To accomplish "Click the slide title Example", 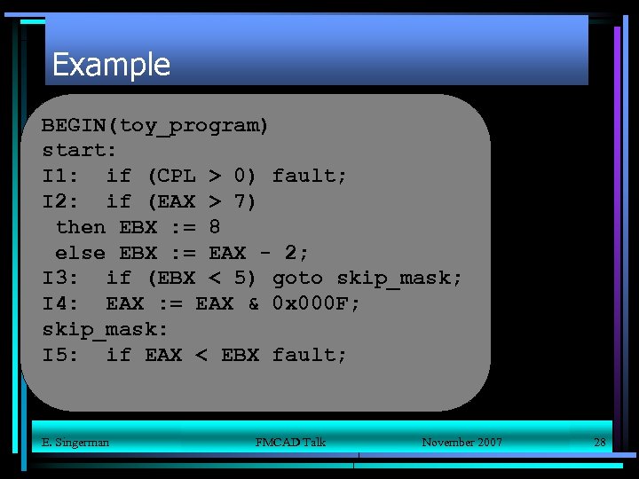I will pos(111,65).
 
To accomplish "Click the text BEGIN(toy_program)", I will pos(155,125).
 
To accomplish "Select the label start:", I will pos(80,150).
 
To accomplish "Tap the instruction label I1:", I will pos(60,176).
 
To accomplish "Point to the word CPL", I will pos(177,176).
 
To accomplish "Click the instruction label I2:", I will pos(60,201).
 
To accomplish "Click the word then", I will pos(81,227).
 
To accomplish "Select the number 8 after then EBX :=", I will pos(215,227).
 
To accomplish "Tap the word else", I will pos(81,253).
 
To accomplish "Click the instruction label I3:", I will pos(60,279).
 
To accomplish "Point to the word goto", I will pos(297,279).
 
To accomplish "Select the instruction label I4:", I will pos(60,304).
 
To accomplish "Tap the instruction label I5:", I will pos(60,356).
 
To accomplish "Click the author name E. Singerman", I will pos(75,442).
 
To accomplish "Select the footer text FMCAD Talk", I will pos(290,442).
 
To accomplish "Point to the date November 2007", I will pos(461,442).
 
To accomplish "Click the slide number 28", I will pos(599,442).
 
